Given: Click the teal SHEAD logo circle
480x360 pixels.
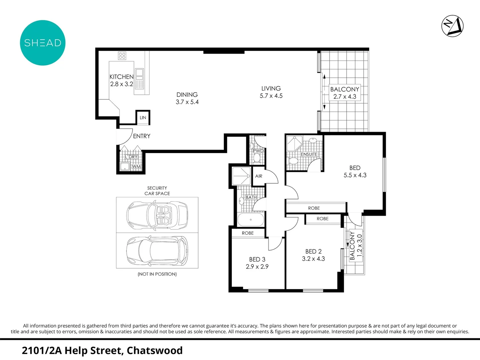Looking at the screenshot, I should (43, 43).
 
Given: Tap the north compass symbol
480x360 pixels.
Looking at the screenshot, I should (452, 26).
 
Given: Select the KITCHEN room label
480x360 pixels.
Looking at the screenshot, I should (121, 77).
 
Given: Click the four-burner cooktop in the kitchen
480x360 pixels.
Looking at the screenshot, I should (122, 56).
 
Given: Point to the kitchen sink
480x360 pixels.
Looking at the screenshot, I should (139, 72).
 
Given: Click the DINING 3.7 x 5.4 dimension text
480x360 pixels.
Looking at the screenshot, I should (187, 102).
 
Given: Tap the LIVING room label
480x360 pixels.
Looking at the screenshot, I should (271, 88).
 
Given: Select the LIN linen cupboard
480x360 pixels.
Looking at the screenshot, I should (143, 118).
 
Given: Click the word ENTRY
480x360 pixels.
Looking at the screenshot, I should (141, 136).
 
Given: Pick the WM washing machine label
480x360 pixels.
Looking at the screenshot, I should (136, 167).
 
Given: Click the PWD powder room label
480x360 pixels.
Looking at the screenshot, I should (258, 151).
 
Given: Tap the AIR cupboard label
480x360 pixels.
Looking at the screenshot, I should (259, 176).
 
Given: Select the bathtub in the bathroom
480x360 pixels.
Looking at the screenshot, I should (251, 220).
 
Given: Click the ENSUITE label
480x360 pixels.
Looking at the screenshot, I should (309, 154).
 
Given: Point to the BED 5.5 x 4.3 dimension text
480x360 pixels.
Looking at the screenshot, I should (355, 175).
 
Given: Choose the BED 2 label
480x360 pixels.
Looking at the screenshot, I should (313, 251).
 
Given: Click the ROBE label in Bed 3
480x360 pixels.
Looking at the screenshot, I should (248, 233).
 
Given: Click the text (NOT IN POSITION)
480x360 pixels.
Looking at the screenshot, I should (157, 274).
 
